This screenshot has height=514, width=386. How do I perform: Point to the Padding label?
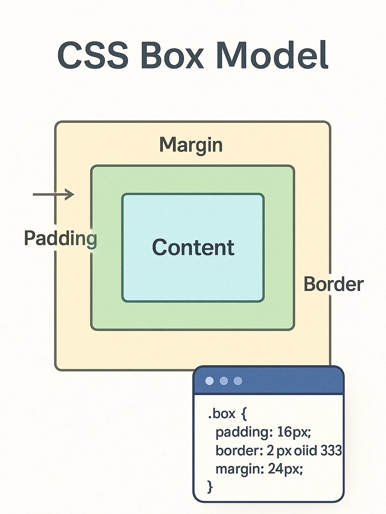[x=60, y=238]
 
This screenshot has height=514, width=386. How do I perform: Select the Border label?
[x=333, y=284]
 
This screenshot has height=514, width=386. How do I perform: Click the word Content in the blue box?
[x=193, y=247]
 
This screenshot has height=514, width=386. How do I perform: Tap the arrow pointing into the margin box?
[x=54, y=195]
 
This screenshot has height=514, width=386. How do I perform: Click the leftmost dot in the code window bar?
[x=209, y=381]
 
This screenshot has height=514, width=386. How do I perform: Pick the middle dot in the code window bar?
[x=224, y=381]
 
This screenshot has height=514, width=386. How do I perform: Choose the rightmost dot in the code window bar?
[x=238, y=381]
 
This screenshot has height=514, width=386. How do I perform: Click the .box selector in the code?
[x=222, y=414]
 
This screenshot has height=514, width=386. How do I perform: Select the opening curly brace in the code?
[x=244, y=414]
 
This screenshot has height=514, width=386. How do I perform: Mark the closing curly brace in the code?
[x=210, y=487]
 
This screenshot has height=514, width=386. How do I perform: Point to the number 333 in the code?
[x=331, y=450]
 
